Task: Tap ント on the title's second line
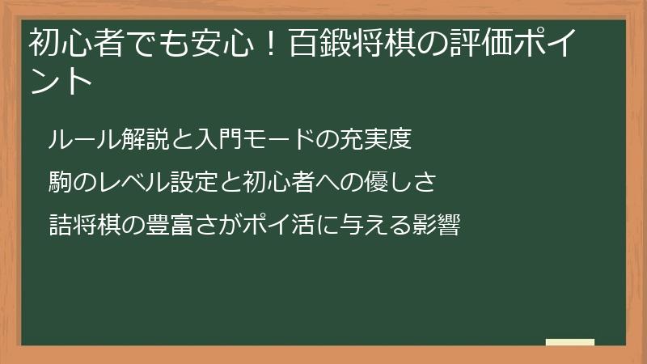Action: tap(60, 82)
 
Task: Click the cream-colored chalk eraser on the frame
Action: tap(570, 343)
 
